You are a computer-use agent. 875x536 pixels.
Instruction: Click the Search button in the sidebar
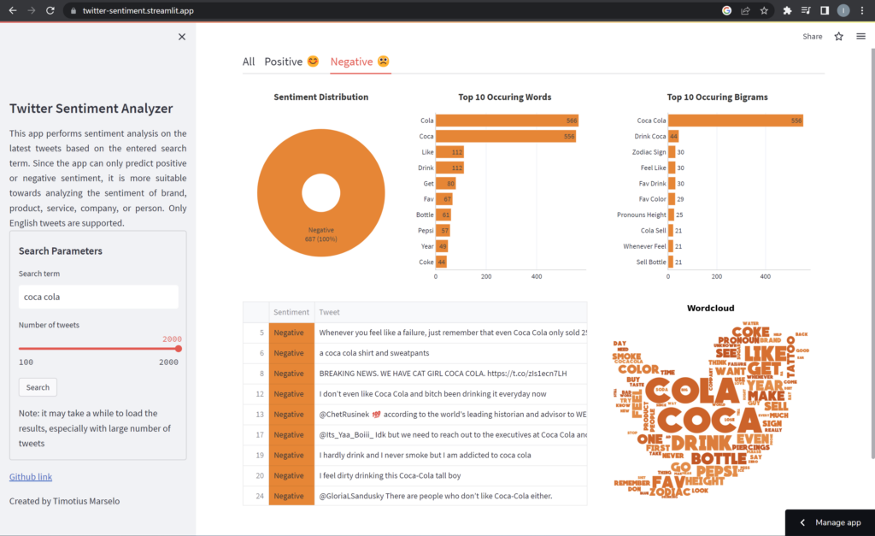click(x=38, y=387)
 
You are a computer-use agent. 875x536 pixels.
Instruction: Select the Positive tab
click(x=291, y=62)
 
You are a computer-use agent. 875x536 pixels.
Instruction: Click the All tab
click(x=249, y=62)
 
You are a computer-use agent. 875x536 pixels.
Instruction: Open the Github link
click(x=31, y=476)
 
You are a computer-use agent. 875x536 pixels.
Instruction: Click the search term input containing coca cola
click(x=98, y=297)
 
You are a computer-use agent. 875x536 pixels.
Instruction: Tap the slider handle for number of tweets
click(x=179, y=349)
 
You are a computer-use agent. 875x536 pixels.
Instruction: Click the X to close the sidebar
click(x=181, y=37)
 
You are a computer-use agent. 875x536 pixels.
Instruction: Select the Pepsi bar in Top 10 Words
click(x=443, y=231)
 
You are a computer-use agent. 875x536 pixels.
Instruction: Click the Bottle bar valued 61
click(x=443, y=215)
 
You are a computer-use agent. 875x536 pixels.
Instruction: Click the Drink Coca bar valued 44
click(x=673, y=136)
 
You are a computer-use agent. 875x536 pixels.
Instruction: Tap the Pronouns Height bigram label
click(x=642, y=215)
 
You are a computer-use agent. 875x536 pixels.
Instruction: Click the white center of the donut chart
click(x=320, y=192)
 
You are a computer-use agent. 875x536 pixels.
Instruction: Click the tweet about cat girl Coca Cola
click(x=443, y=374)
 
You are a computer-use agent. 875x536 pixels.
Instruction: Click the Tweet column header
click(x=330, y=312)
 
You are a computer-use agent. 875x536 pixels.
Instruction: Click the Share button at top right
click(x=813, y=37)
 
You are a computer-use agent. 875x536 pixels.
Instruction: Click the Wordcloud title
click(x=710, y=308)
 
